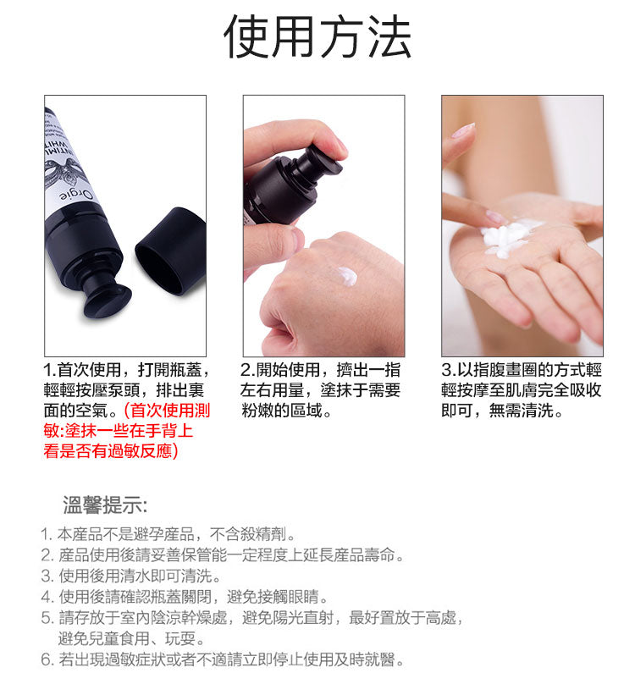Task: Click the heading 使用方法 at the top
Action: click(x=317, y=38)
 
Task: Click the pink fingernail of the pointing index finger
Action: click(x=463, y=130)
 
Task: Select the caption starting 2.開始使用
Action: click(x=320, y=371)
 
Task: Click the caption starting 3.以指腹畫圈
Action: click(x=522, y=371)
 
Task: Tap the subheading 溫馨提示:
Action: click(x=105, y=506)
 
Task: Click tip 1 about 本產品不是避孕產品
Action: click(x=168, y=535)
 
